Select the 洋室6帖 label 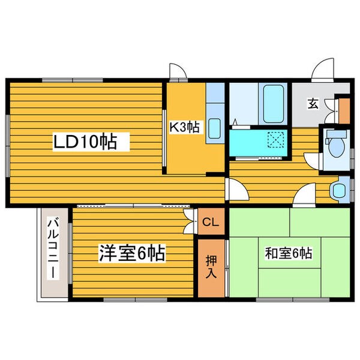132,253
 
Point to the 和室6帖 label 289,253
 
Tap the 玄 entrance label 313,103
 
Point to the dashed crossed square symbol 277,140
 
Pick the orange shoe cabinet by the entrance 344,109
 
